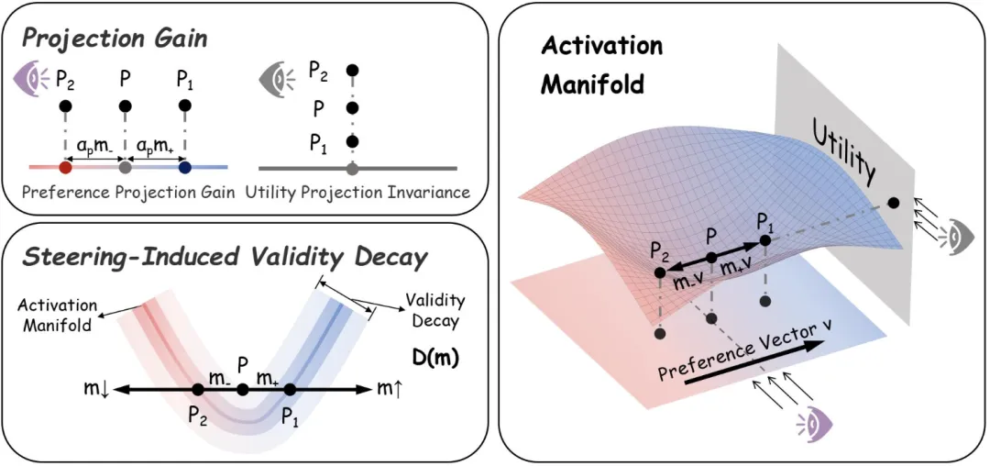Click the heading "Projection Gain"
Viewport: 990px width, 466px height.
pos(116,39)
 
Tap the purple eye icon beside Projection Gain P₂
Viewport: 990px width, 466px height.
pos(29,80)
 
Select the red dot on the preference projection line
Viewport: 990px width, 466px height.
pos(64,167)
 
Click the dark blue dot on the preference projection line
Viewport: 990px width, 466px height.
pos(185,167)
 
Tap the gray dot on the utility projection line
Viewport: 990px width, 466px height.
pos(353,168)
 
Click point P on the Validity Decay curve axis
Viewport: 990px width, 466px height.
pos(243,390)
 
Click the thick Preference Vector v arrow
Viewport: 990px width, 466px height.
pos(753,363)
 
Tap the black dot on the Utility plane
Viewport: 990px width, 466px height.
pos(893,203)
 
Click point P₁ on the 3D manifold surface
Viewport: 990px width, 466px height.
pos(765,240)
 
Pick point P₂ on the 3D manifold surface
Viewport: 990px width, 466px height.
pos(660,272)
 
